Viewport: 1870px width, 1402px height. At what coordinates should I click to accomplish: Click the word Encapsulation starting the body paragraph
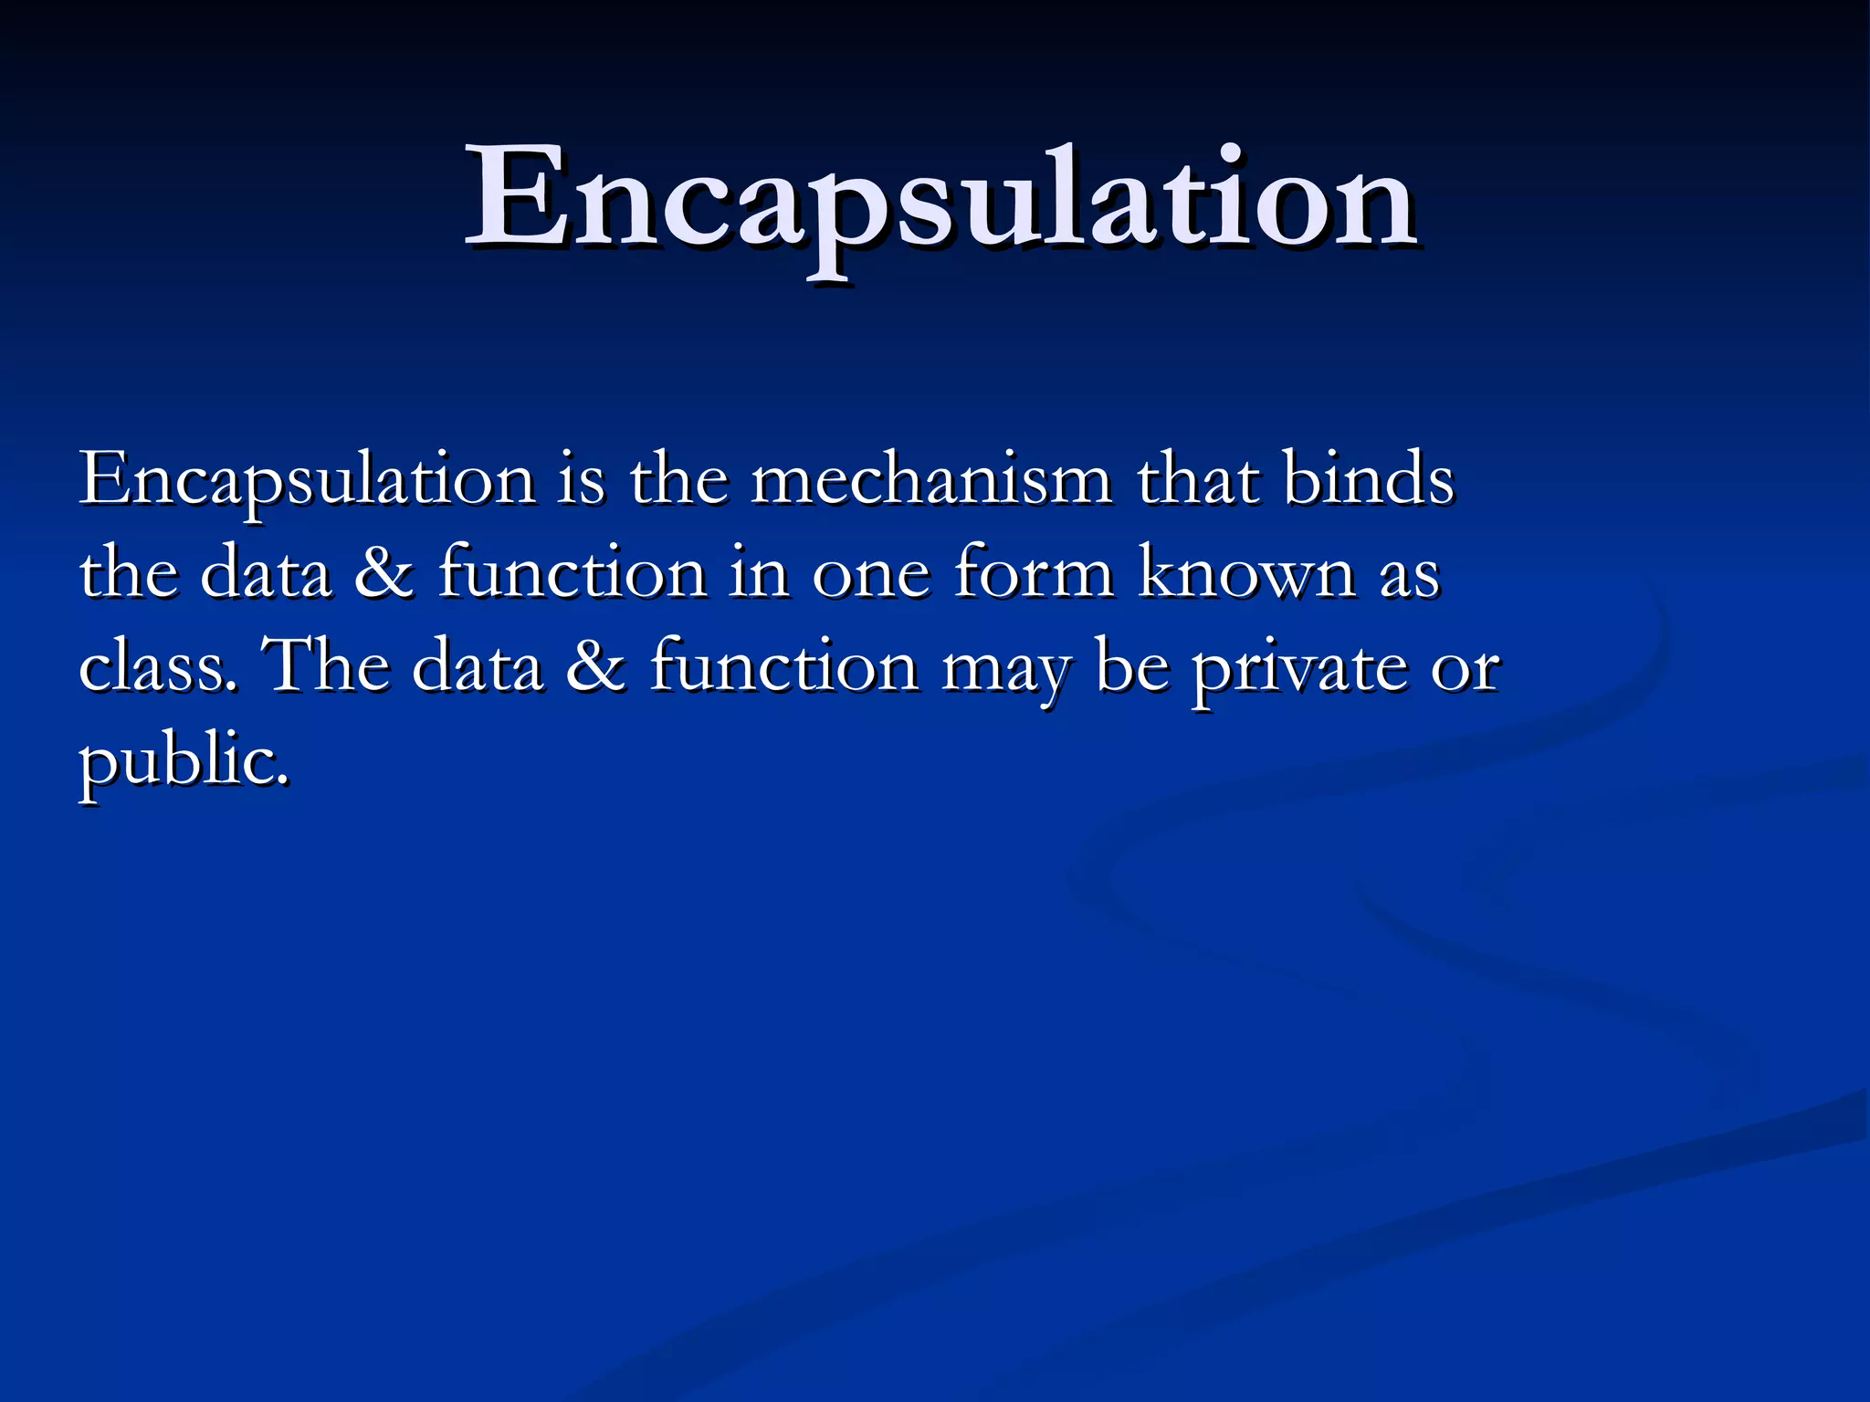(307, 480)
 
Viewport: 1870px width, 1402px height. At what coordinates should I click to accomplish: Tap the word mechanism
(931, 480)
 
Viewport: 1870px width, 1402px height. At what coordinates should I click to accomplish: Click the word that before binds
(1198, 480)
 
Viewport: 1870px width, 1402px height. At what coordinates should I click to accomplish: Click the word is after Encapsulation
(581, 480)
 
